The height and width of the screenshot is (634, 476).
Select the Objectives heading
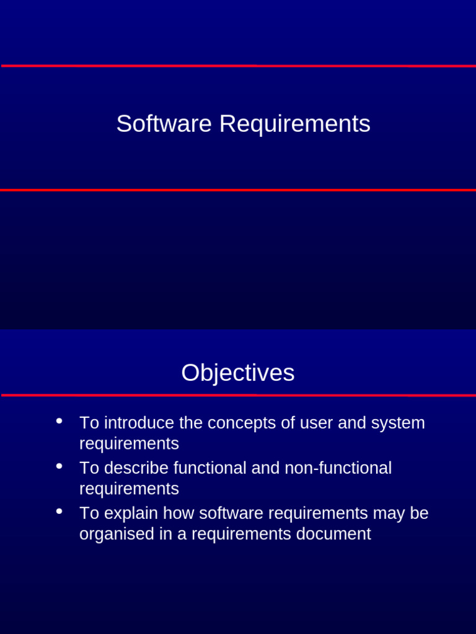[238, 373]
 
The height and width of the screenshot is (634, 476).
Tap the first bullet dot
[59, 421]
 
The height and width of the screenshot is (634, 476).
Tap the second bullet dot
[59, 466]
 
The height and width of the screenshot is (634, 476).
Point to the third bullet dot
[59, 511]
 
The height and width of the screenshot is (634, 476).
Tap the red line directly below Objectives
[238, 394]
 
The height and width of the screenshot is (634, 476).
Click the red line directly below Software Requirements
[238, 190]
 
